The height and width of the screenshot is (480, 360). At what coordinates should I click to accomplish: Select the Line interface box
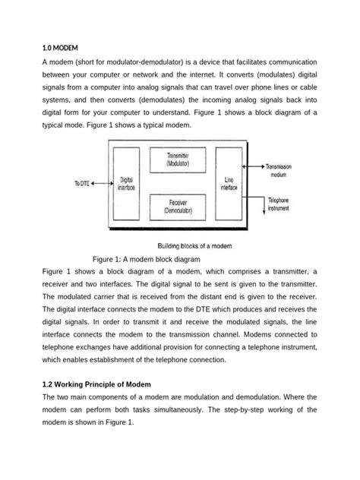pos(229,184)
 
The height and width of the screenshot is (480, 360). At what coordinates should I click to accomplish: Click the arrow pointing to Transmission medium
pos(254,165)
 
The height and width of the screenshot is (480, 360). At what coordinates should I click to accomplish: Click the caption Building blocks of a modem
pos(194,245)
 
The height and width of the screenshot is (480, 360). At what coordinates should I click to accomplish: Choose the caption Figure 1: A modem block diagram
pos(146,258)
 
